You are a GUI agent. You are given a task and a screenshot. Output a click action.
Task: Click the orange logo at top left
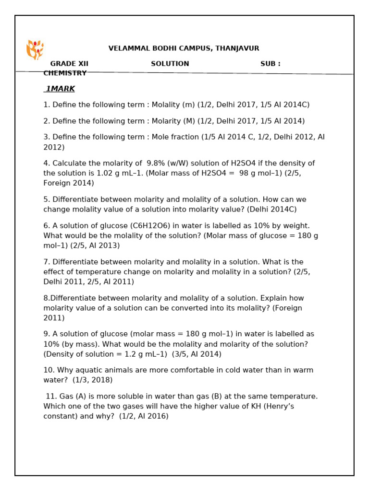click(x=35, y=49)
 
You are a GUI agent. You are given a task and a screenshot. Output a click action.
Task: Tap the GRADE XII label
click(x=69, y=64)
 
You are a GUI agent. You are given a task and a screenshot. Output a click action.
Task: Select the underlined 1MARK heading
click(x=60, y=89)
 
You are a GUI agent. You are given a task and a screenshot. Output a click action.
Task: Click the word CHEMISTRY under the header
click(x=65, y=73)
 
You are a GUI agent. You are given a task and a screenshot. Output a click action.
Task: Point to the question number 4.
click(x=46, y=164)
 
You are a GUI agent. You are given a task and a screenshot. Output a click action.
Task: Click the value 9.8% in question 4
click(x=156, y=164)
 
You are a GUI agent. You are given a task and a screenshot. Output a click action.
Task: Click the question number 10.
click(x=49, y=370)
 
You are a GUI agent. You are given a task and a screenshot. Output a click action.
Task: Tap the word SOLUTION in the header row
click(x=170, y=64)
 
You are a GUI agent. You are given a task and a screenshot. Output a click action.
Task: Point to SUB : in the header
click(x=271, y=64)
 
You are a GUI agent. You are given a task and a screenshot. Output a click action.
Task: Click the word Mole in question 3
click(x=161, y=137)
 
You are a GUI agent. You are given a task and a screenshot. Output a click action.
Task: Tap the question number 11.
click(x=51, y=397)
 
